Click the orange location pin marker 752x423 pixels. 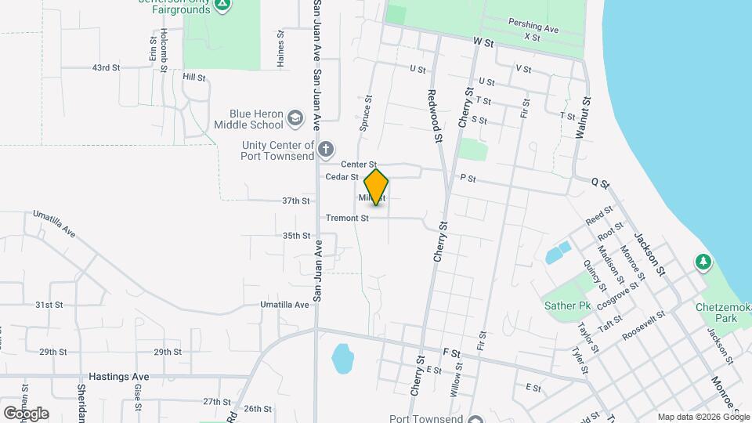pos(377,186)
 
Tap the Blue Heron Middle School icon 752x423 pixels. pos(295,118)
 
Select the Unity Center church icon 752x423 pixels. pos(326,148)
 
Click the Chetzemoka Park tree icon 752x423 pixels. pos(703,262)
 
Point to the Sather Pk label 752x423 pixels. pos(567,305)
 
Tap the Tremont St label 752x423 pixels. pos(347,218)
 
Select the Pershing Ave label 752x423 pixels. pos(533,27)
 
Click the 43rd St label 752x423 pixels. pos(106,68)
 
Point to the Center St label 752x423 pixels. pos(360,164)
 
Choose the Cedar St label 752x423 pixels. pos(342,177)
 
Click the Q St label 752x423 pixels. pos(600,183)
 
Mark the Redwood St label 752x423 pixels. pos(432,116)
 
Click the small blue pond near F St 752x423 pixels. pos(342,359)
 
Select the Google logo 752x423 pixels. pos(26,413)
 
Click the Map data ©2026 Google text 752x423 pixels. pos(703,417)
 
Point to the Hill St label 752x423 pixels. pos(193,78)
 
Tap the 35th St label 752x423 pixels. pos(298,236)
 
